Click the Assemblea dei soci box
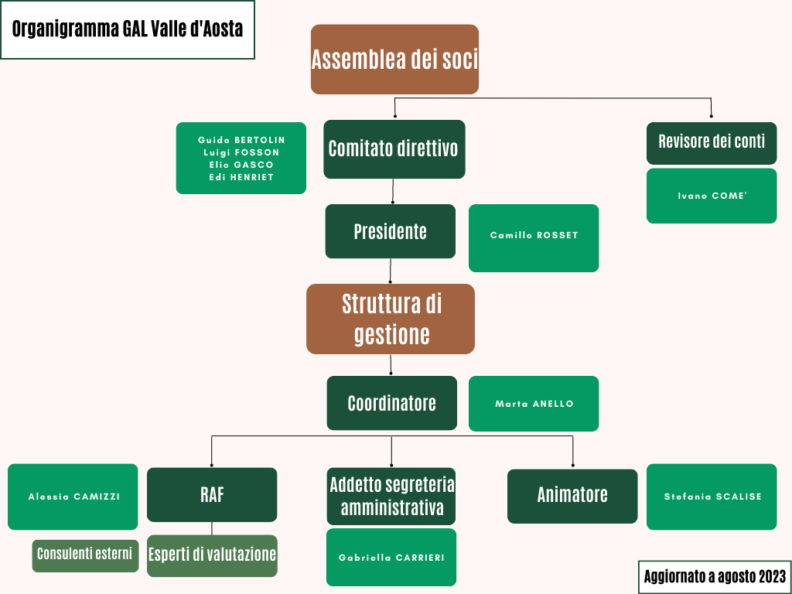pyautogui.click(x=394, y=59)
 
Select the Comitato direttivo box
pyautogui.click(x=394, y=149)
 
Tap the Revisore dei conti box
pyautogui.click(x=712, y=143)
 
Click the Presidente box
pyautogui.click(x=390, y=231)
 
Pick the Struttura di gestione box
pyautogui.click(x=391, y=319)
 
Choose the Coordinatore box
pyautogui.click(x=392, y=403)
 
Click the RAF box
pyautogui.click(x=212, y=494)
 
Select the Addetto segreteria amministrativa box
pyautogui.click(x=391, y=496)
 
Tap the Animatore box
pyautogui.click(x=572, y=496)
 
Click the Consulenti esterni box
pyautogui.click(x=85, y=555)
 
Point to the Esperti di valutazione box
pyautogui.click(x=212, y=555)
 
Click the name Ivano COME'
pyautogui.click(x=712, y=196)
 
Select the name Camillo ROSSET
pyautogui.click(x=534, y=235)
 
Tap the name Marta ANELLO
pyautogui.click(x=534, y=404)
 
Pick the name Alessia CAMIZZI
pyautogui.click(x=73, y=497)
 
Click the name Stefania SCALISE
pyautogui.click(x=712, y=497)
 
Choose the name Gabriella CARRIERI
pyautogui.click(x=391, y=558)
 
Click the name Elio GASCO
pyautogui.click(x=241, y=166)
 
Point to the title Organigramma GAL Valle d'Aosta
pyautogui.click(x=128, y=29)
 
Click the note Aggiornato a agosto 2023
pyautogui.click(x=715, y=576)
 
